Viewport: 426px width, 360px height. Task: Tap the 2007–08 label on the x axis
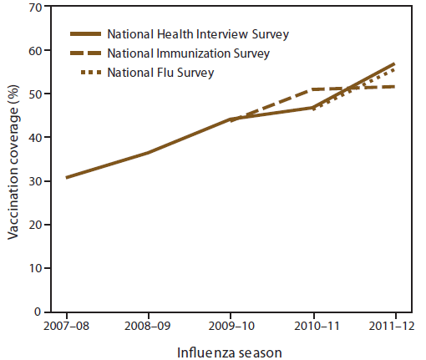click(x=67, y=326)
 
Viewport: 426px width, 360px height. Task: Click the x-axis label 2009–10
click(x=231, y=326)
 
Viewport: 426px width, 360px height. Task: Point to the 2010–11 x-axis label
click(x=312, y=326)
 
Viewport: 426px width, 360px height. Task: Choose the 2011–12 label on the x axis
click(x=393, y=326)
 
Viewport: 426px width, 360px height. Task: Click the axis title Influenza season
click(x=230, y=352)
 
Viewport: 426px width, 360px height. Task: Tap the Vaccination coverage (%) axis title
click(x=14, y=160)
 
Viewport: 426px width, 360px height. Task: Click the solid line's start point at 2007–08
click(x=67, y=177)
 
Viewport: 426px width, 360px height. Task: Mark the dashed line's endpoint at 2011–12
click(x=394, y=87)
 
